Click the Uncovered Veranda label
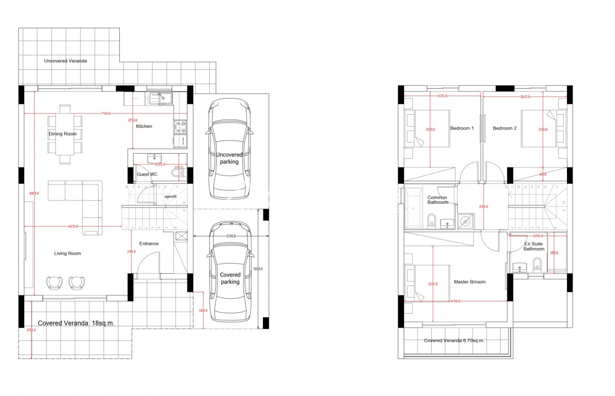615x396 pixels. coord(65,61)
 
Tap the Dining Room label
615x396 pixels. coord(63,134)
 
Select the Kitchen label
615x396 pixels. coord(144,127)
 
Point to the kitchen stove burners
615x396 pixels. coord(180,127)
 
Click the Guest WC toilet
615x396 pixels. coord(178,173)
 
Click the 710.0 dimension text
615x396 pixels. coord(106,114)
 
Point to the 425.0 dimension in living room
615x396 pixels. coord(73,226)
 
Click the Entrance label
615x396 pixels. coord(149,244)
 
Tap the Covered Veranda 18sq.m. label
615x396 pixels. coord(76,323)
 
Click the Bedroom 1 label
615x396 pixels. coord(462,128)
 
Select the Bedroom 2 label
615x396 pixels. coord(505,128)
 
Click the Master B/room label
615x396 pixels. coord(470,282)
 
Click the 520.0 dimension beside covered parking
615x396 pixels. coord(258,269)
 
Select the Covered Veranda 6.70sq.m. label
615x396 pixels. coord(454,341)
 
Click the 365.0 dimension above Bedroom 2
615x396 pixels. coord(525,97)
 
